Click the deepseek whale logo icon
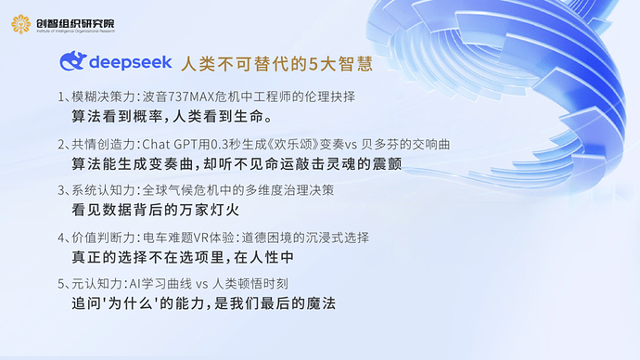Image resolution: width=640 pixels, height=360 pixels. (x=73, y=63)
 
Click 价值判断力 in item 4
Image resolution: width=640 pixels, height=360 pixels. (x=102, y=235)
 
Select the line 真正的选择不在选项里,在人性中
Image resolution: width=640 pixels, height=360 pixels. (x=184, y=256)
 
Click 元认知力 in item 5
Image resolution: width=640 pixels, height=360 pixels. (x=96, y=282)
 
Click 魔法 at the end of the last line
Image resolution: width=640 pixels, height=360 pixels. (x=318, y=302)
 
